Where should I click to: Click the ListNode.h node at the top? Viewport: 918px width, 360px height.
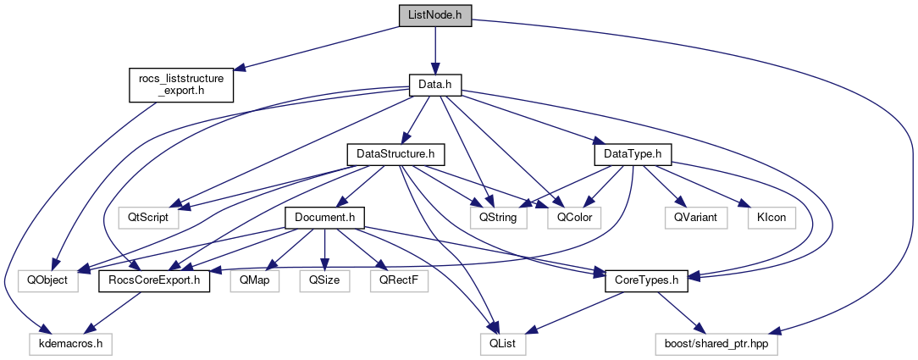click(x=434, y=15)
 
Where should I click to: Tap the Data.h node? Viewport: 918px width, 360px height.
click(x=434, y=85)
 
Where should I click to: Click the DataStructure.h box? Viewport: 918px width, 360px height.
click(x=395, y=154)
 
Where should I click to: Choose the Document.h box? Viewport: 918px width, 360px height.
click(x=324, y=217)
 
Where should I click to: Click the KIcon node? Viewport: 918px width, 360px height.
click(x=767, y=217)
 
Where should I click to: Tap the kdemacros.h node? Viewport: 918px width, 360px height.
click(x=70, y=344)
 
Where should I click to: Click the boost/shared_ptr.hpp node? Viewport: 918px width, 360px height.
click(x=716, y=344)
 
